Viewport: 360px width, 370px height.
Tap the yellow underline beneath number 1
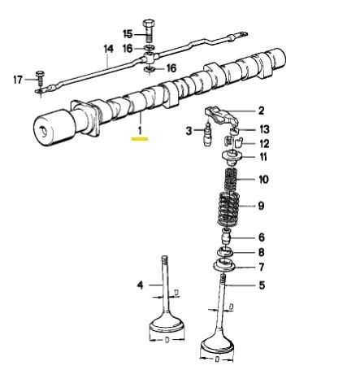point(139,139)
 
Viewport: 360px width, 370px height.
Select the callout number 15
point(127,33)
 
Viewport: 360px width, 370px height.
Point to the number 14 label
point(108,49)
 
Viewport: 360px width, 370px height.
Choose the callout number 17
point(19,78)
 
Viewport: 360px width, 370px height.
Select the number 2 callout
point(261,111)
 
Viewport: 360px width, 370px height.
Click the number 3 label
point(189,129)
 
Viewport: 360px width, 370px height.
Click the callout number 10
point(262,179)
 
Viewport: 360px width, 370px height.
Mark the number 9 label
point(261,206)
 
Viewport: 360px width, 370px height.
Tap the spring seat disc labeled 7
point(228,267)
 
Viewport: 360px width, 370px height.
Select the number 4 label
point(140,284)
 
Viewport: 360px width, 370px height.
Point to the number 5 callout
point(261,285)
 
